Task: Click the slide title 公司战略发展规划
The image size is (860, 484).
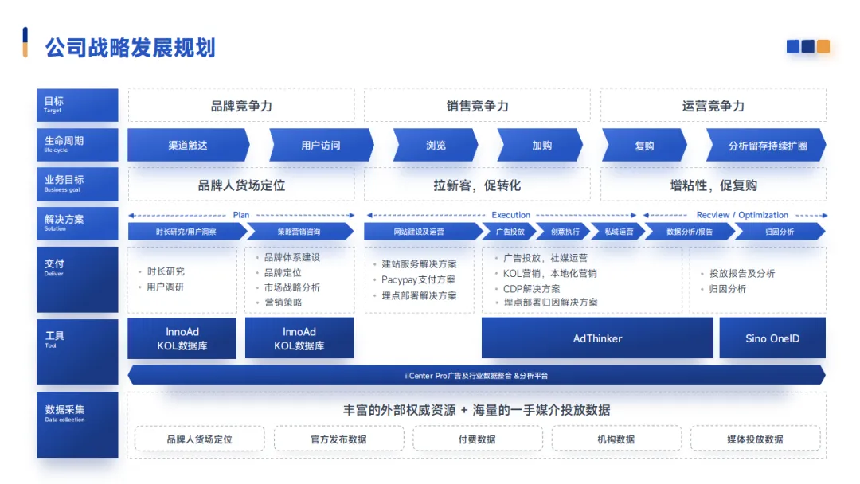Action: coord(130,47)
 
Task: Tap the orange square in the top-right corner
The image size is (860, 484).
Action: coord(823,47)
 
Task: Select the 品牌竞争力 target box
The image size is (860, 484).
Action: coord(241,105)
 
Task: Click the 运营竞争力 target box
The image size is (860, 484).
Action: coord(713,105)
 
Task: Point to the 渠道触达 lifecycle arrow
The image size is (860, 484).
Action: coord(188,146)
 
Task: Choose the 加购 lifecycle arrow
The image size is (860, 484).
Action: coord(542,146)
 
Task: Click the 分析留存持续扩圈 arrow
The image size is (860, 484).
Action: coord(767,146)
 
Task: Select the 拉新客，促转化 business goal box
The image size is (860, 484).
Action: coord(477,185)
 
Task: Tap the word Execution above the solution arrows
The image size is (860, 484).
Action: coord(510,215)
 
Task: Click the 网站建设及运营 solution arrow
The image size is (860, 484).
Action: coord(419,232)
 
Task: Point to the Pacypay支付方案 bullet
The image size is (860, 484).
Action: coord(418,279)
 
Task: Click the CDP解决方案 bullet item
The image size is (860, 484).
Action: coord(531,288)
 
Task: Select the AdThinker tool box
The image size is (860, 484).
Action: coord(597,338)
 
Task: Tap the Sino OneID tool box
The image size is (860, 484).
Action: coord(772,338)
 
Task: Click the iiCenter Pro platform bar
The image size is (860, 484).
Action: coord(476,375)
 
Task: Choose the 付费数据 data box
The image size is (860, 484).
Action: coord(477,439)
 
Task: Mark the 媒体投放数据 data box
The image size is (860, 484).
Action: coord(754,439)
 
